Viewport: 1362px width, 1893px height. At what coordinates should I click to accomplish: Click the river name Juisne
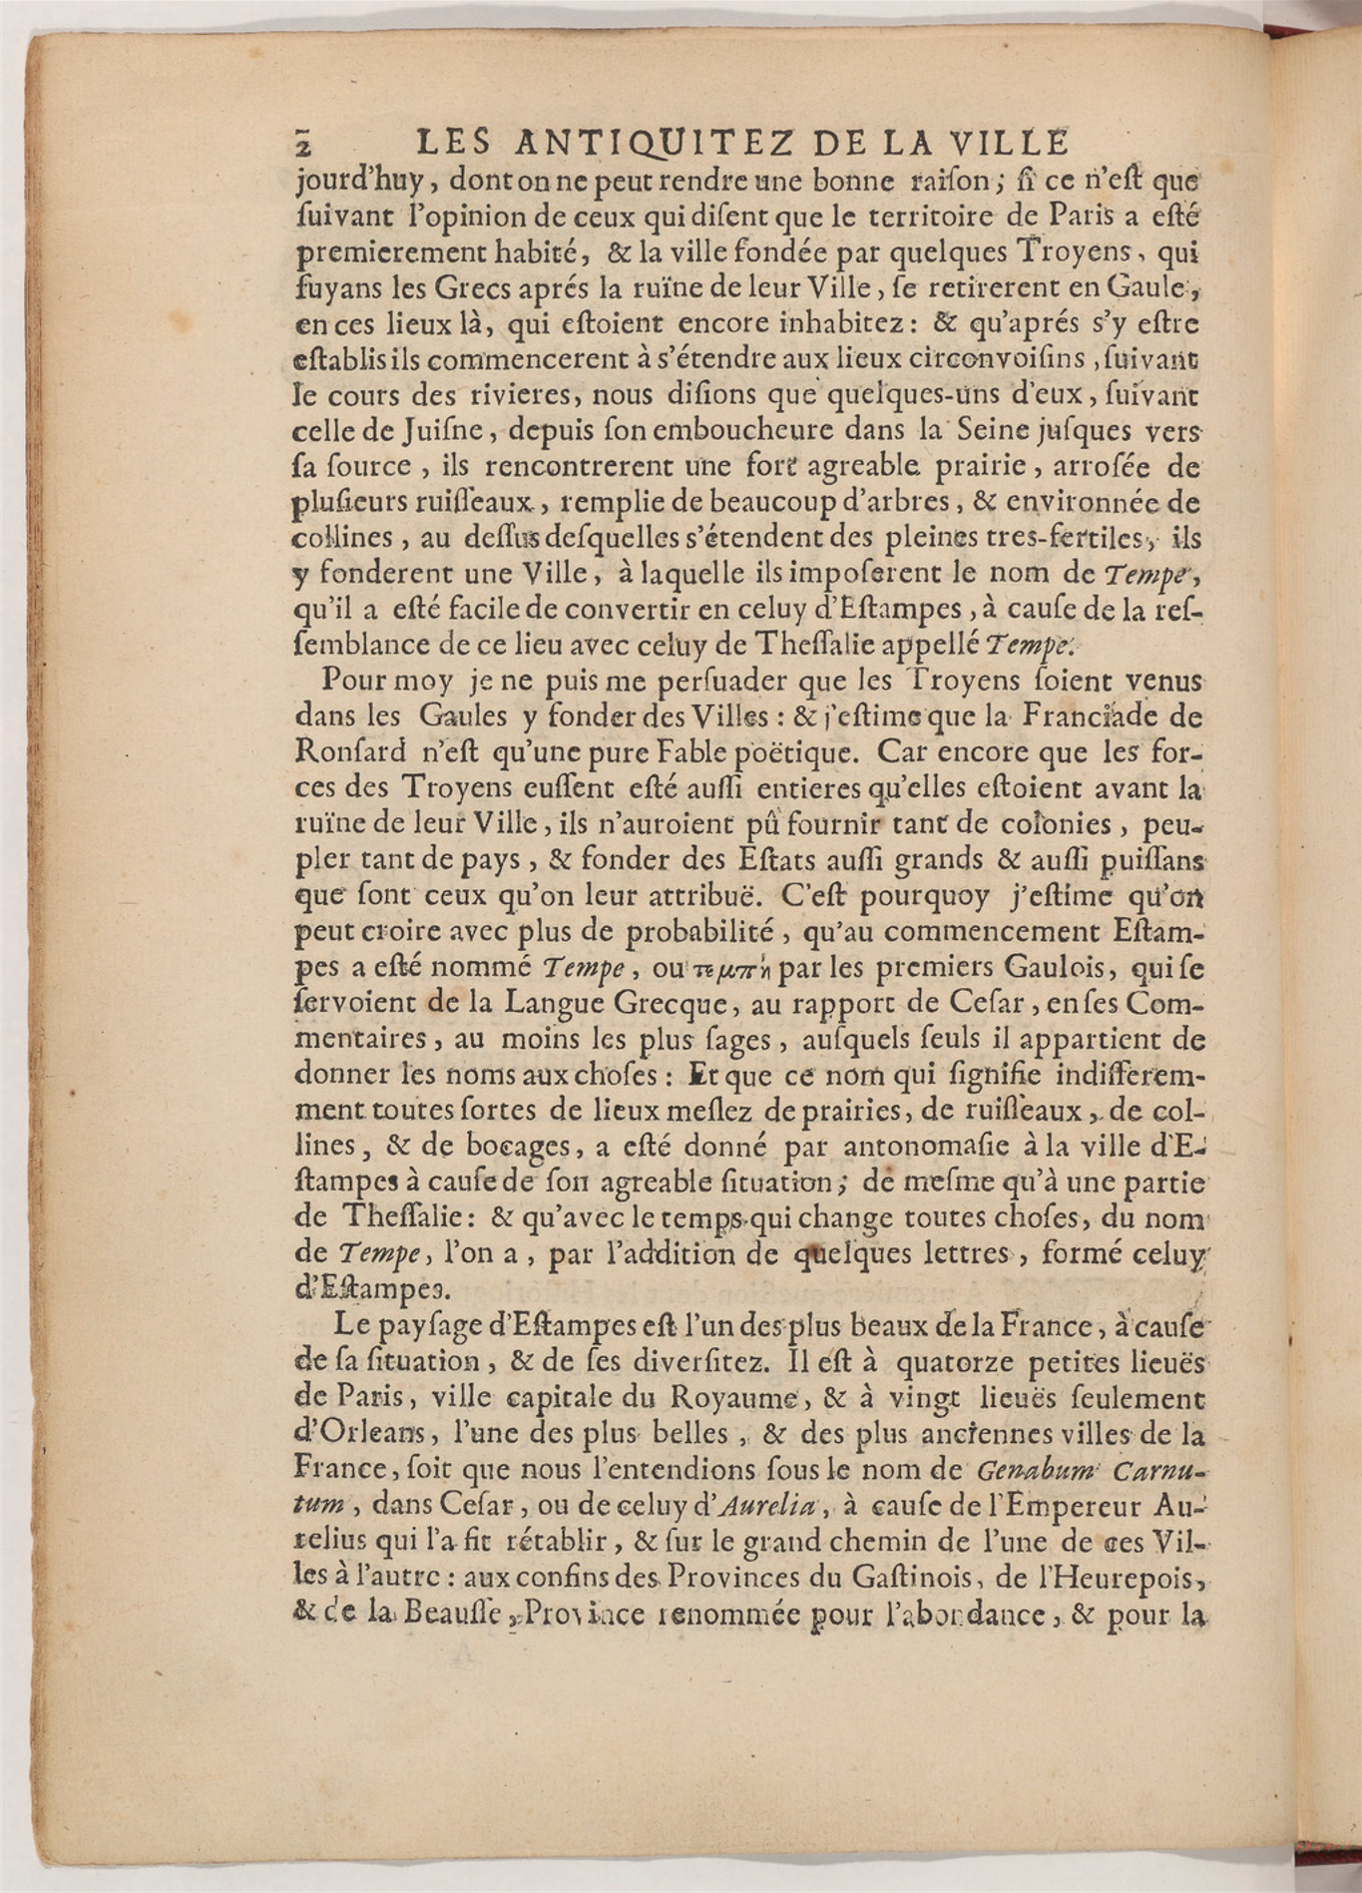[x=398, y=431]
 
